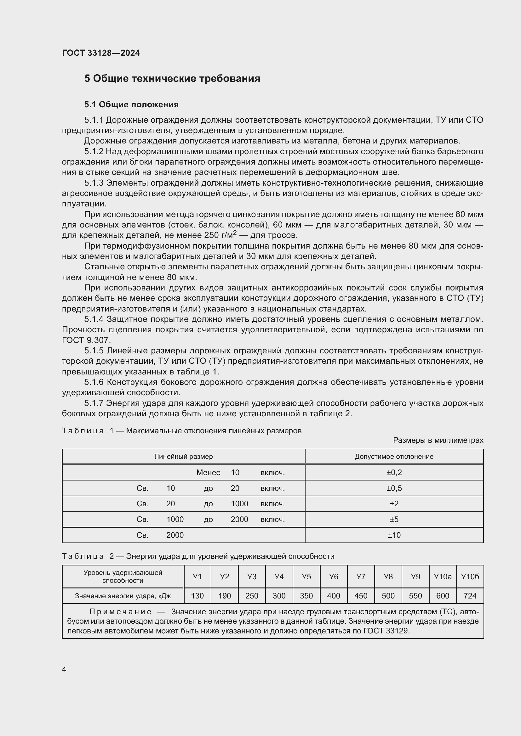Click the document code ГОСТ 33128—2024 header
tap(101, 53)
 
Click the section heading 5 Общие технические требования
tap(172, 79)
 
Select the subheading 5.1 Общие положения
tap(131, 104)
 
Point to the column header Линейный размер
tap(183, 457)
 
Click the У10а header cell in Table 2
tap(442, 577)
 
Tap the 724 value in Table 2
tap(470, 596)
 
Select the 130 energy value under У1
tap(197, 596)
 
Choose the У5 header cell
tap(306, 577)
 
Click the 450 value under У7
tap(361, 596)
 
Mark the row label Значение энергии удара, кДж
tap(123, 596)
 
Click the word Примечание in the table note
tap(120, 612)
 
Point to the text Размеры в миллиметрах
tap(438, 441)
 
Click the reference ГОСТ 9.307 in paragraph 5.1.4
tap(86, 340)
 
